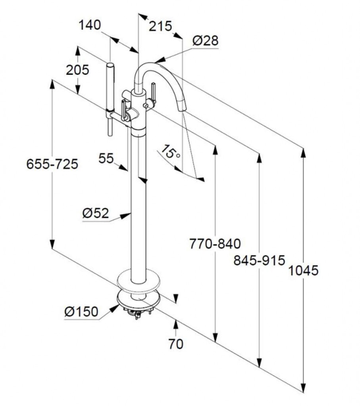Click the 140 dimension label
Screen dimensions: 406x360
point(89,25)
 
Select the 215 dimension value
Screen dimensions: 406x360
point(161,26)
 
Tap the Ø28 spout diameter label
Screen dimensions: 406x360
point(206,40)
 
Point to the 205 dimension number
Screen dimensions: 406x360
point(77,70)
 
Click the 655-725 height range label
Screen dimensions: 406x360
point(52,164)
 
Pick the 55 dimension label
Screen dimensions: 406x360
point(106,158)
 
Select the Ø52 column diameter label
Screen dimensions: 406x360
point(95,213)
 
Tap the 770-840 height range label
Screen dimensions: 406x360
point(215,243)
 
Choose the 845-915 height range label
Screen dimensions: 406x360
point(259,260)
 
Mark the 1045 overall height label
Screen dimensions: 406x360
point(303,271)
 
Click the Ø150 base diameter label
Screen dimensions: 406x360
point(81,312)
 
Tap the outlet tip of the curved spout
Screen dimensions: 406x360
point(181,107)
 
